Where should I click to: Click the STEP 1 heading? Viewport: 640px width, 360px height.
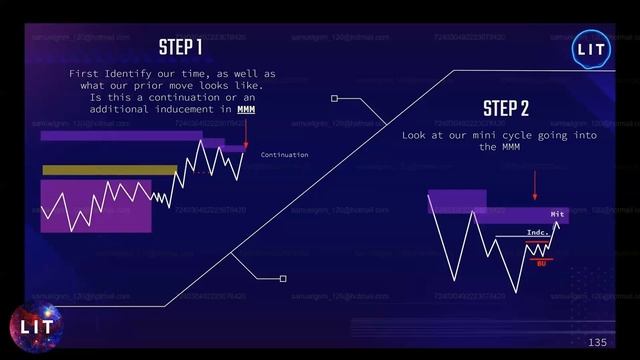pyautogui.click(x=181, y=47)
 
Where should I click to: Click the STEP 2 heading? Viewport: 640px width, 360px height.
pyautogui.click(x=505, y=108)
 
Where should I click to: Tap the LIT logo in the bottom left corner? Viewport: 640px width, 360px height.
pyautogui.click(x=35, y=326)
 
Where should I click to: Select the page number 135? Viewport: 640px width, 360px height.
pyautogui.click(x=597, y=343)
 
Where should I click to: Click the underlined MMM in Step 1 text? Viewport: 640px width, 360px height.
pyautogui.click(x=246, y=112)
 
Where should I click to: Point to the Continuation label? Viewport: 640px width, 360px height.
pyautogui.click(x=284, y=155)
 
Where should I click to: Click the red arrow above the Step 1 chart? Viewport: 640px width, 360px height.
pyautogui.click(x=246, y=134)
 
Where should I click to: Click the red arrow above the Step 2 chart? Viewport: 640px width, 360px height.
pyautogui.click(x=535, y=185)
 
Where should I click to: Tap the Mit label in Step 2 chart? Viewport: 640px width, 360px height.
pyautogui.click(x=557, y=214)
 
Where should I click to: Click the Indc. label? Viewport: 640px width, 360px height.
pyautogui.click(x=537, y=233)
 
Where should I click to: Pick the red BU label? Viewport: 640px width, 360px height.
pyautogui.click(x=540, y=263)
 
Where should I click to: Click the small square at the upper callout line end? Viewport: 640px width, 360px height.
pyautogui.click(x=334, y=99)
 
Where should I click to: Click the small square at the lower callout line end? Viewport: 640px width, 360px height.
pyautogui.click(x=283, y=279)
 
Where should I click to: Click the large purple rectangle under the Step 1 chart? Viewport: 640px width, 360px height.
pyautogui.click(x=95, y=206)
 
